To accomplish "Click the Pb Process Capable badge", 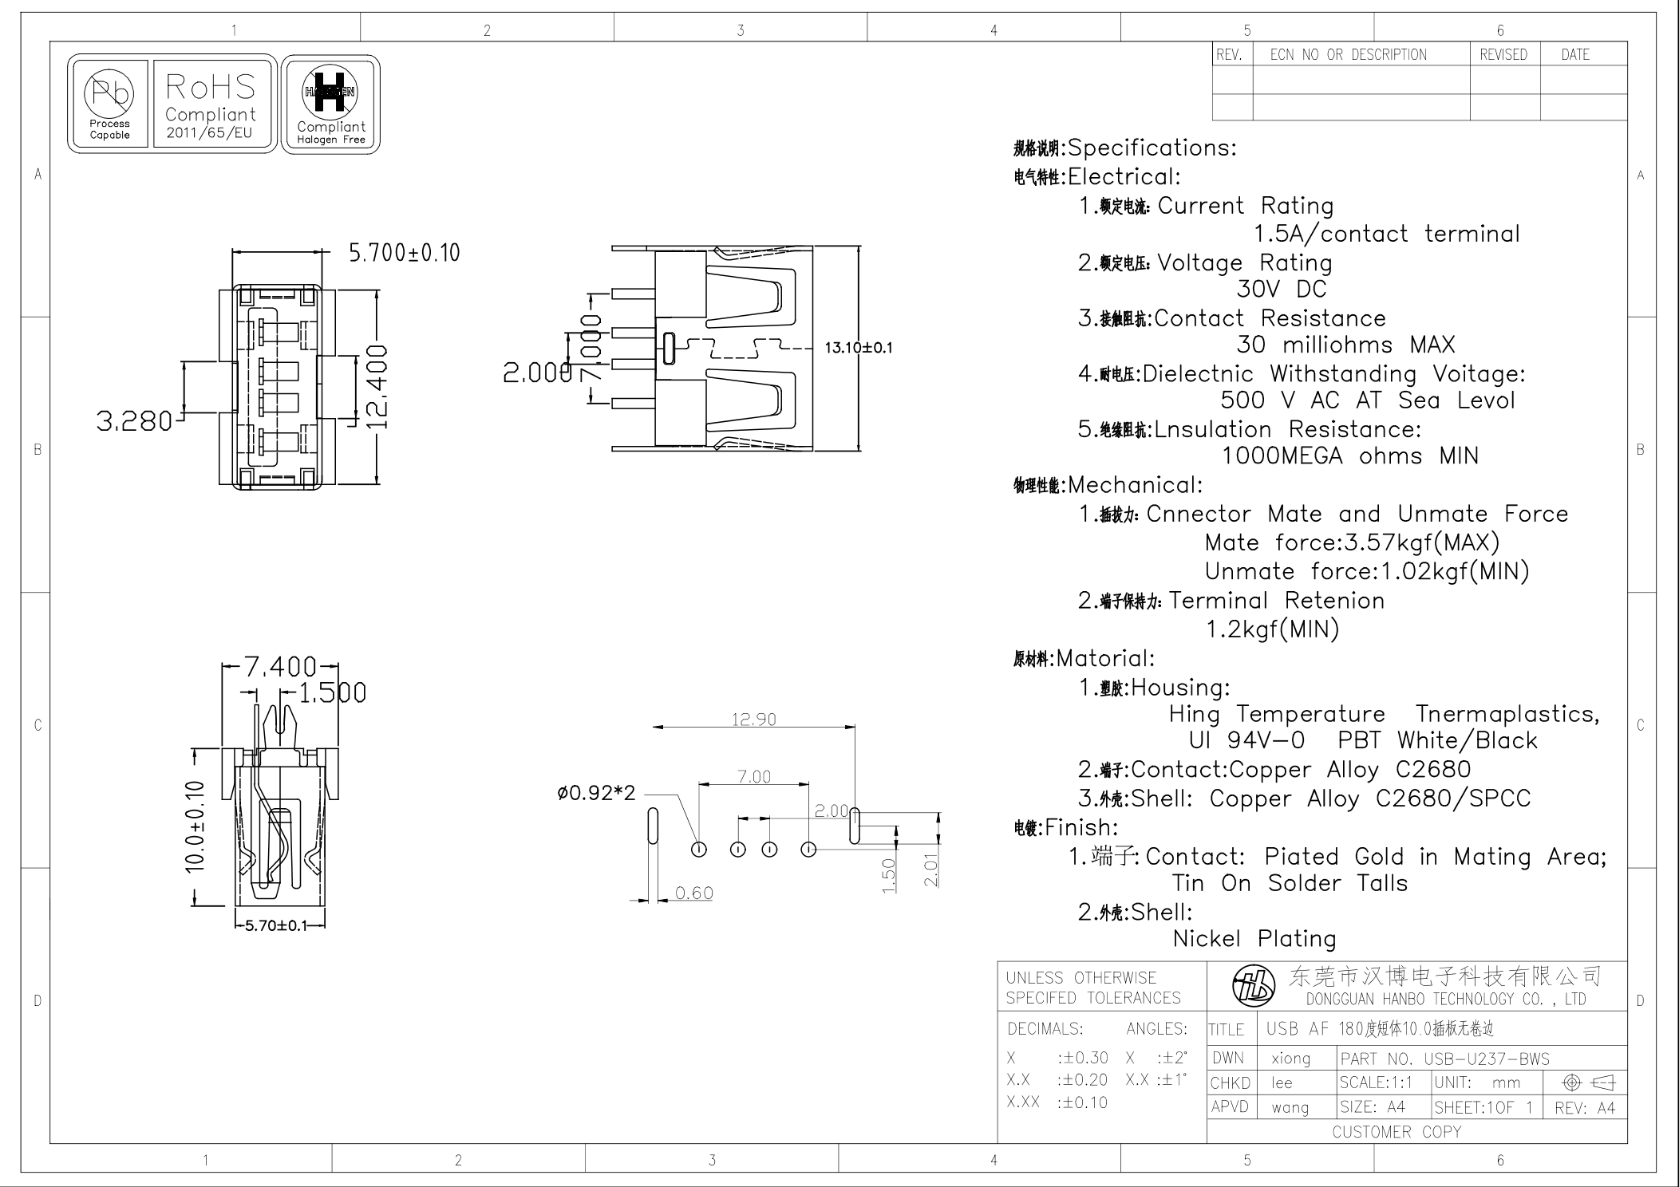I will [109, 104].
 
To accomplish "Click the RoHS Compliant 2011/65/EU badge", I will [211, 104].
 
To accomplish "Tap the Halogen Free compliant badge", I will [330, 105].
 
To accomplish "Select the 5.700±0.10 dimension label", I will [404, 253].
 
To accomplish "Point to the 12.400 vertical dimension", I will [376, 387].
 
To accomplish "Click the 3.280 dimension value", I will [134, 421].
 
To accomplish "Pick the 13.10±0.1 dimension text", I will [858, 348].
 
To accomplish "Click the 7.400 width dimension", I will [279, 666].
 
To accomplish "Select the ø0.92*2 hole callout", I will [596, 794].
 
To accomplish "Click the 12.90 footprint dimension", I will [753, 720].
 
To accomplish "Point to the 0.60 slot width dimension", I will [693, 893].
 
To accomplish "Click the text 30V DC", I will [1281, 290].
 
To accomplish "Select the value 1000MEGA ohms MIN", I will [1349, 456].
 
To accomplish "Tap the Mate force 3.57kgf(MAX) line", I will [1352, 543].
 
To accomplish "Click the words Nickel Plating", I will [1254, 939].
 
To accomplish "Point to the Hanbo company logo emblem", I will [1253, 987].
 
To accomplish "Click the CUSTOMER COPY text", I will [1396, 1132].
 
